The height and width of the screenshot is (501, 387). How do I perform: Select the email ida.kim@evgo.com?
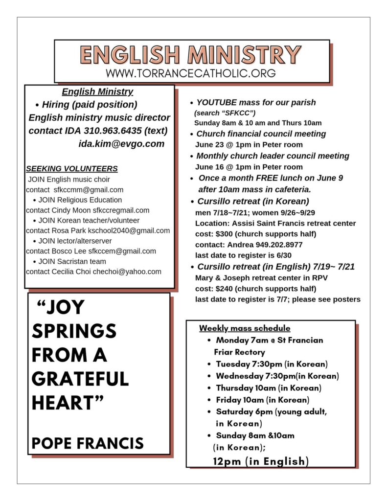[121, 144]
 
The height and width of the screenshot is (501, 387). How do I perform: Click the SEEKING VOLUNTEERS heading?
[71, 169]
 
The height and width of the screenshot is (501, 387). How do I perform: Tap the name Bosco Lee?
[69, 251]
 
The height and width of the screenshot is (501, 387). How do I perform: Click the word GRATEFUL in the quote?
[80, 379]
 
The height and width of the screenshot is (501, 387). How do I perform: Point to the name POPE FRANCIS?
[88, 443]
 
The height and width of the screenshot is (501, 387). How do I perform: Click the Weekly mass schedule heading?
[245, 328]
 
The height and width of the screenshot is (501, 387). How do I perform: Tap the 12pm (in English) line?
[261, 461]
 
